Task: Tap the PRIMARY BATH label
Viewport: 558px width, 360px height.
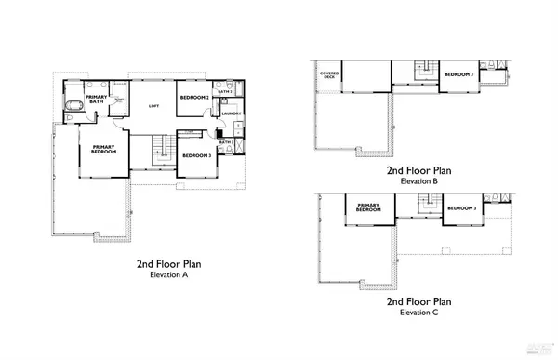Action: click(97, 100)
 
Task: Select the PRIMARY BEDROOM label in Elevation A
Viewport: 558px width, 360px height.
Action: click(102, 150)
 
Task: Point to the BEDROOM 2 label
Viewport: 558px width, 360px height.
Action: click(193, 98)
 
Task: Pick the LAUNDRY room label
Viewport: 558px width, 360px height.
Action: click(232, 113)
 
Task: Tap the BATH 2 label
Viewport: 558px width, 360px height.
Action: click(224, 92)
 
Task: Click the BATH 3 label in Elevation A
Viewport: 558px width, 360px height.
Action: click(224, 142)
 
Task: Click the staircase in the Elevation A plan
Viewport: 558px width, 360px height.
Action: click(161, 147)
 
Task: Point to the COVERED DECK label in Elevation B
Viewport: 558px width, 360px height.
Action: click(327, 75)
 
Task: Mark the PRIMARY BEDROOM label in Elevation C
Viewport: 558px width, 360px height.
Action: click(366, 207)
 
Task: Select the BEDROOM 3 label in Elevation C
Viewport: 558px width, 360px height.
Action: click(461, 208)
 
